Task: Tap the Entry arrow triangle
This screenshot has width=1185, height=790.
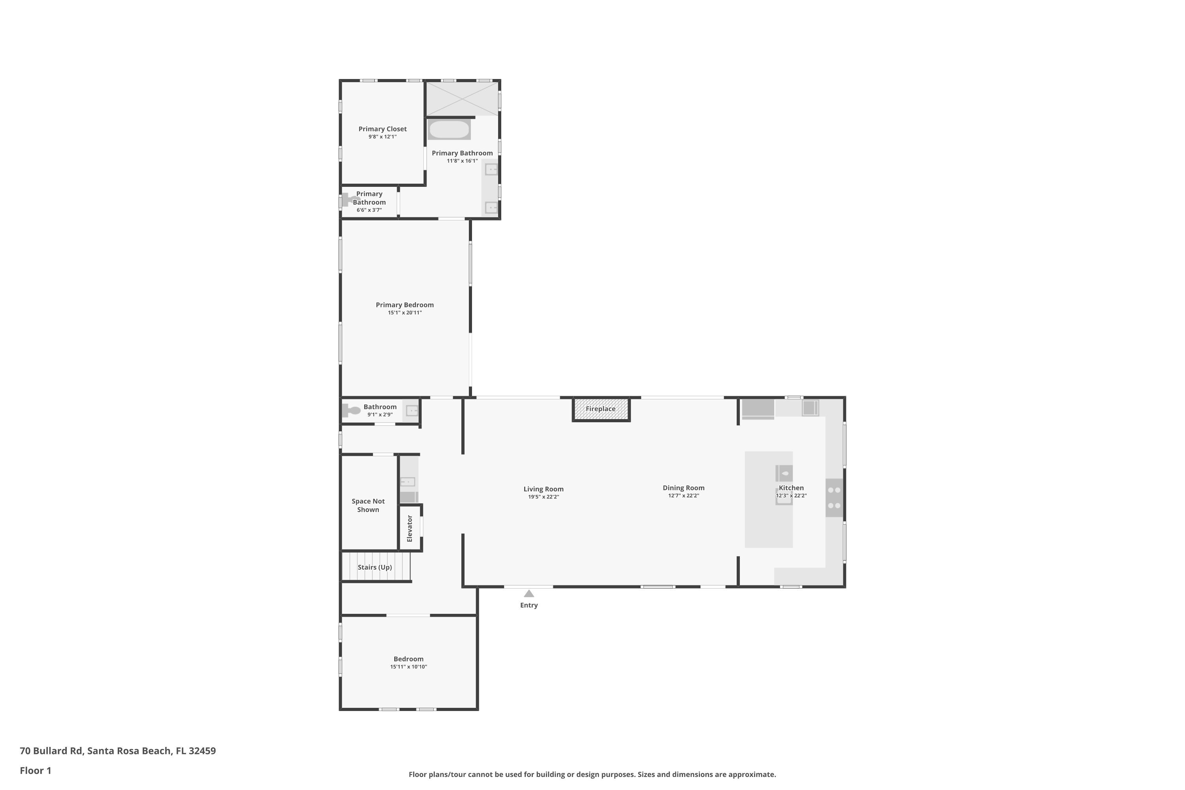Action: tap(529, 594)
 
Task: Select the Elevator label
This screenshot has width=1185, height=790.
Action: tap(410, 529)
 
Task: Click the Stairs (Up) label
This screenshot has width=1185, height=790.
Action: tap(374, 567)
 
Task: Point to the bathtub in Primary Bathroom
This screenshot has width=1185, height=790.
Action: tap(449, 130)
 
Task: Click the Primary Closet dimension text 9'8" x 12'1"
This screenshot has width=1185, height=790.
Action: tap(382, 137)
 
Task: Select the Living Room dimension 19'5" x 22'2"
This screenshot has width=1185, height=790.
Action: tap(543, 497)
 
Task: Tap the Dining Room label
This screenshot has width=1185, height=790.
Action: tap(683, 488)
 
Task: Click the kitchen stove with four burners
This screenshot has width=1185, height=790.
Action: tap(834, 498)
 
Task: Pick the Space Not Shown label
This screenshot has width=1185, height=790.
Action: tap(368, 505)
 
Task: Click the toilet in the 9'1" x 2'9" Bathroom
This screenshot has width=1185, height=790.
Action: tap(351, 411)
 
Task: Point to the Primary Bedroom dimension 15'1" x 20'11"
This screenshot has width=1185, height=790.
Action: tap(404, 313)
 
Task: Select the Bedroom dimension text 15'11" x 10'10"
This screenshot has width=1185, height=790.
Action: tap(408, 667)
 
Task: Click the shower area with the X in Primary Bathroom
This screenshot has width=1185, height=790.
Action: tap(462, 99)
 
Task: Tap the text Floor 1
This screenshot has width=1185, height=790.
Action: tap(35, 770)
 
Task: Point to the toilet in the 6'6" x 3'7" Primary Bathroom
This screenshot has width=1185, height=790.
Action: tap(349, 200)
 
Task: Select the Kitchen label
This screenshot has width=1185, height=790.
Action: tap(791, 488)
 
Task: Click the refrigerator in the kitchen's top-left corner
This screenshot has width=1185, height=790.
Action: tap(757, 408)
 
